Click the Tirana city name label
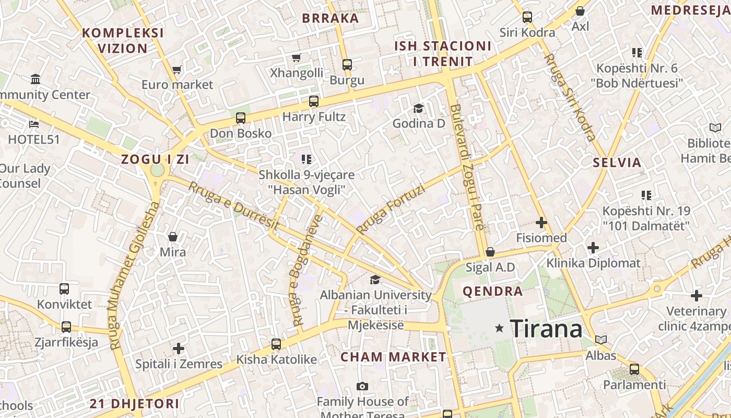[x=546, y=329]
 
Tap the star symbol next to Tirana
[x=500, y=328]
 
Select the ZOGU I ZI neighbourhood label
[x=155, y=159]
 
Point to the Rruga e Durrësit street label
[x=233, y=206]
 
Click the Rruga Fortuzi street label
[x=391, y=209]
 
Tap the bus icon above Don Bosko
[x=240, y=118]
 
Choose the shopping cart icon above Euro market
[x=177, y=69]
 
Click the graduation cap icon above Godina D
[x=418, y=108]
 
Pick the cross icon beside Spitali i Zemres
[x=179, y=348]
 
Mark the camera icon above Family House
[x=362, y=387]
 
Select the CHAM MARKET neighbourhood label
[x=393, y=357]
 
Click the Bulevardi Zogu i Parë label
[x=467, y=167]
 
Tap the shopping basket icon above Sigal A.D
[x=490, y=252]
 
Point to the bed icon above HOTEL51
[x=34, y=124]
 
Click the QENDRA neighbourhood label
[x=492, y=292]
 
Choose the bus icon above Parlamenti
[x=634, y=369]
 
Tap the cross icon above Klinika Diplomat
[x=593, y=247]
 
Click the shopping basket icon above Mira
[x=173, y=237]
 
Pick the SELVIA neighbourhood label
[x=617, y=162]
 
